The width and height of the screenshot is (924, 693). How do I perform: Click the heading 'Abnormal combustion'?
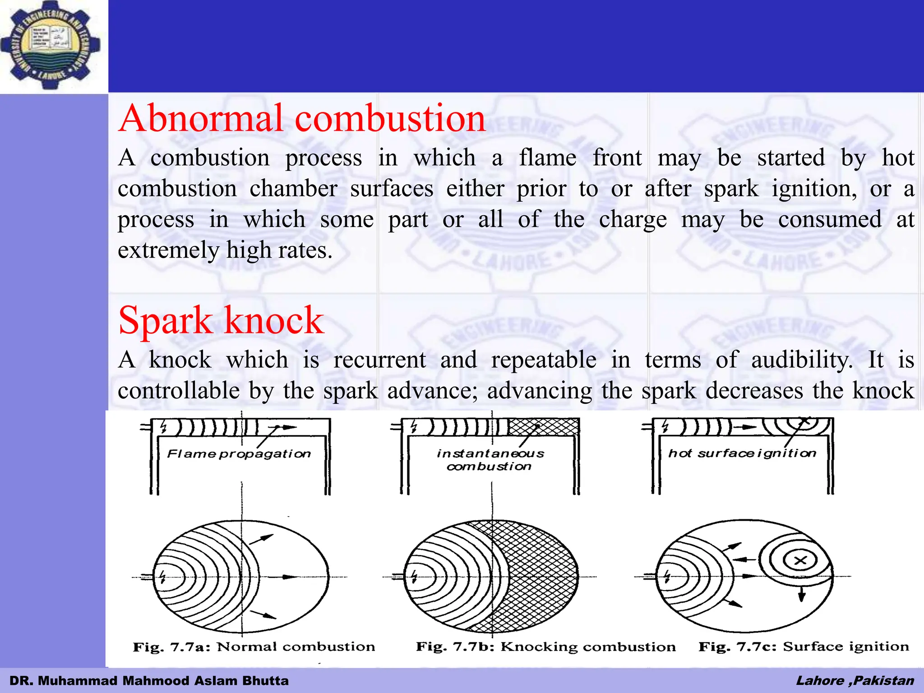click(x=301, y=118)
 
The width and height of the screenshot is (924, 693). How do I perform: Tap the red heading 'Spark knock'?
click(x=221, y=320)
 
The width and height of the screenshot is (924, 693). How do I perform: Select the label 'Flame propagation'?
click(x=239, y=453)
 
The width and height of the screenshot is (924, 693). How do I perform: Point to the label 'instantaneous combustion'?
click(x=490, y=459)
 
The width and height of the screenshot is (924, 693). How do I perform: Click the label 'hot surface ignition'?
click(x=742, y=453)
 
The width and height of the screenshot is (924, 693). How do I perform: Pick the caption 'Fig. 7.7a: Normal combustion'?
click(x=254, y=647)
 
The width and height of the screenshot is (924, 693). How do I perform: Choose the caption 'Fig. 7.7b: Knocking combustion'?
click(x=545, y=647)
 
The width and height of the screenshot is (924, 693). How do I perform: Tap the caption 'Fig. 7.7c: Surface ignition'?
click(x=804, y=647)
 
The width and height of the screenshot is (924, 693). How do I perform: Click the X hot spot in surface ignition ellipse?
click(x=800, y=561)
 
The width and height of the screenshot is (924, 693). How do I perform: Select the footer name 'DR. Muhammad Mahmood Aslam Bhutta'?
click(x=149, y=680)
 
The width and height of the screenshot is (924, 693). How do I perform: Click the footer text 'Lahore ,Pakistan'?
click(x=855, y=680)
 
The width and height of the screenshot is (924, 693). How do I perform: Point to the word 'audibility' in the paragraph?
click(x=802, y=360)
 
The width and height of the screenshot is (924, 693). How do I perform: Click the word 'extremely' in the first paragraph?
click(x=168, y=250)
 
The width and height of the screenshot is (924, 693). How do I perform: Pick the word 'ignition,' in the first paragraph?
click(x=814, y=189)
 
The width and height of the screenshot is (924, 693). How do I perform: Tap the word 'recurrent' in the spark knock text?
click(x=379, y=360)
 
